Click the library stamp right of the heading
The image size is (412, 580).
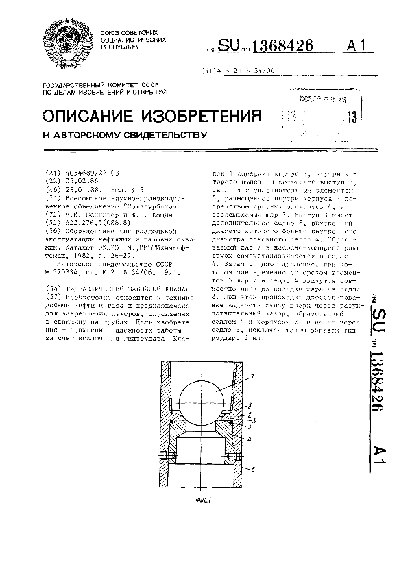(323, 113)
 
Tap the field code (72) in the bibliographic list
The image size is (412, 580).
(50, 213)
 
